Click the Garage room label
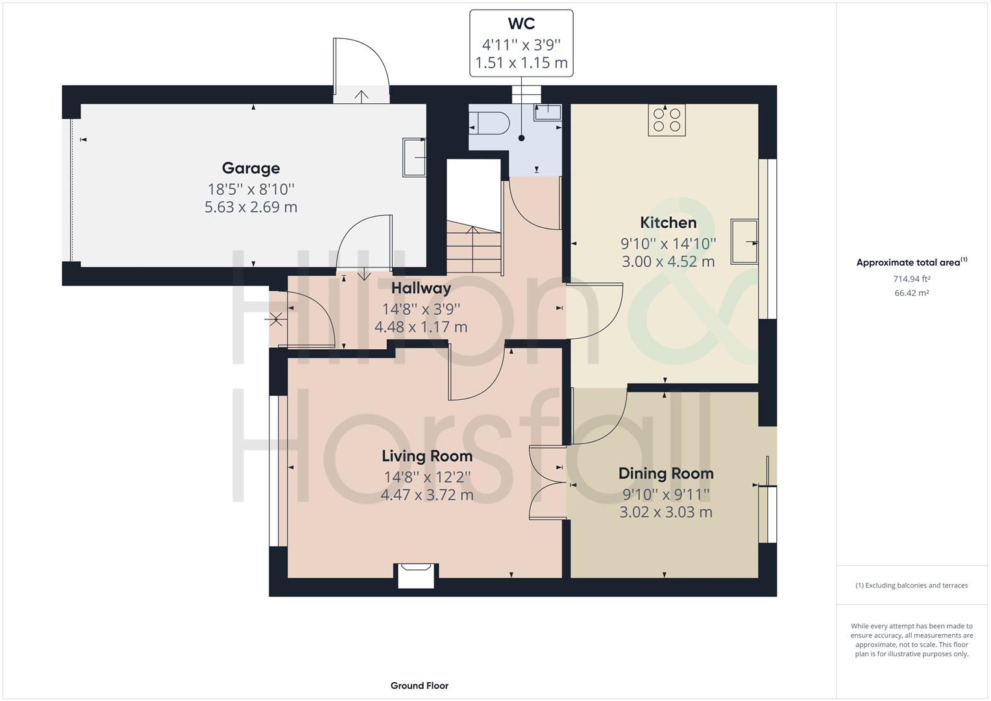[251, 168]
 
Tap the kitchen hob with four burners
[667, 120]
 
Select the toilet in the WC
[491, 122]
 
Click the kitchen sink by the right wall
[744, 241]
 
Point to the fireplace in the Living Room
[416, 576]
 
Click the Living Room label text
[426, 456]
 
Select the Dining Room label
[665, 473]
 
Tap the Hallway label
[421, 288]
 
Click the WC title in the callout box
[521, 24]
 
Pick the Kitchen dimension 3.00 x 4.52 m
[668, 262]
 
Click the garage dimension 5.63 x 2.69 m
[251, 207]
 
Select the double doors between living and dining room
[547, 482]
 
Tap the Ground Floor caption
[419, 685]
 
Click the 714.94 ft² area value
[911, 279]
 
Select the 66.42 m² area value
[911, 293]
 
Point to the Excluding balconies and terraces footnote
[911, 585]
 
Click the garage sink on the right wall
[414, 156]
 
